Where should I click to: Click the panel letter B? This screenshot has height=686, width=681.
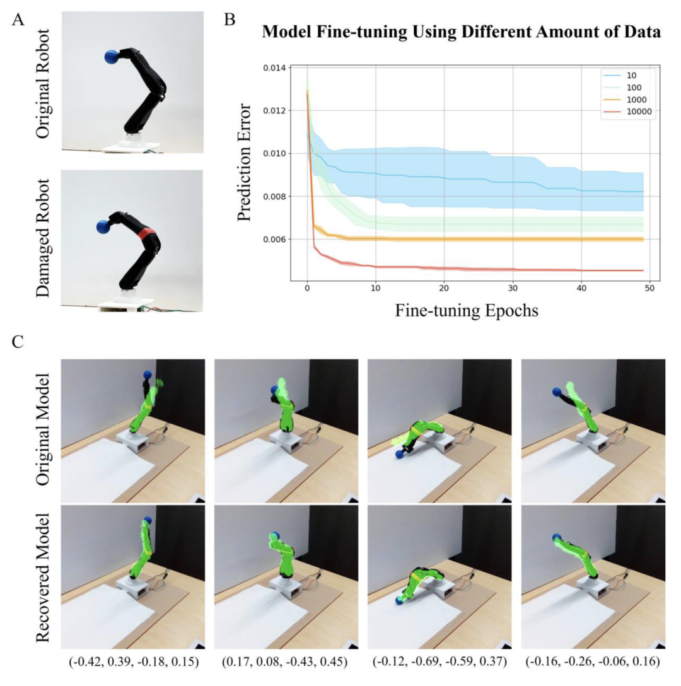click(230, 19)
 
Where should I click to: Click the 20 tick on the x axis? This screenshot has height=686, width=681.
click(445, 289)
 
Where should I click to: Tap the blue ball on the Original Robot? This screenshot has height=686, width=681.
click(112, 57)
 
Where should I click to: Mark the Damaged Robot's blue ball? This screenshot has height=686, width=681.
click(104, 226)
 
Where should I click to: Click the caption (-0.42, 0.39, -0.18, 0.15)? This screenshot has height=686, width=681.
click(133, 661)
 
